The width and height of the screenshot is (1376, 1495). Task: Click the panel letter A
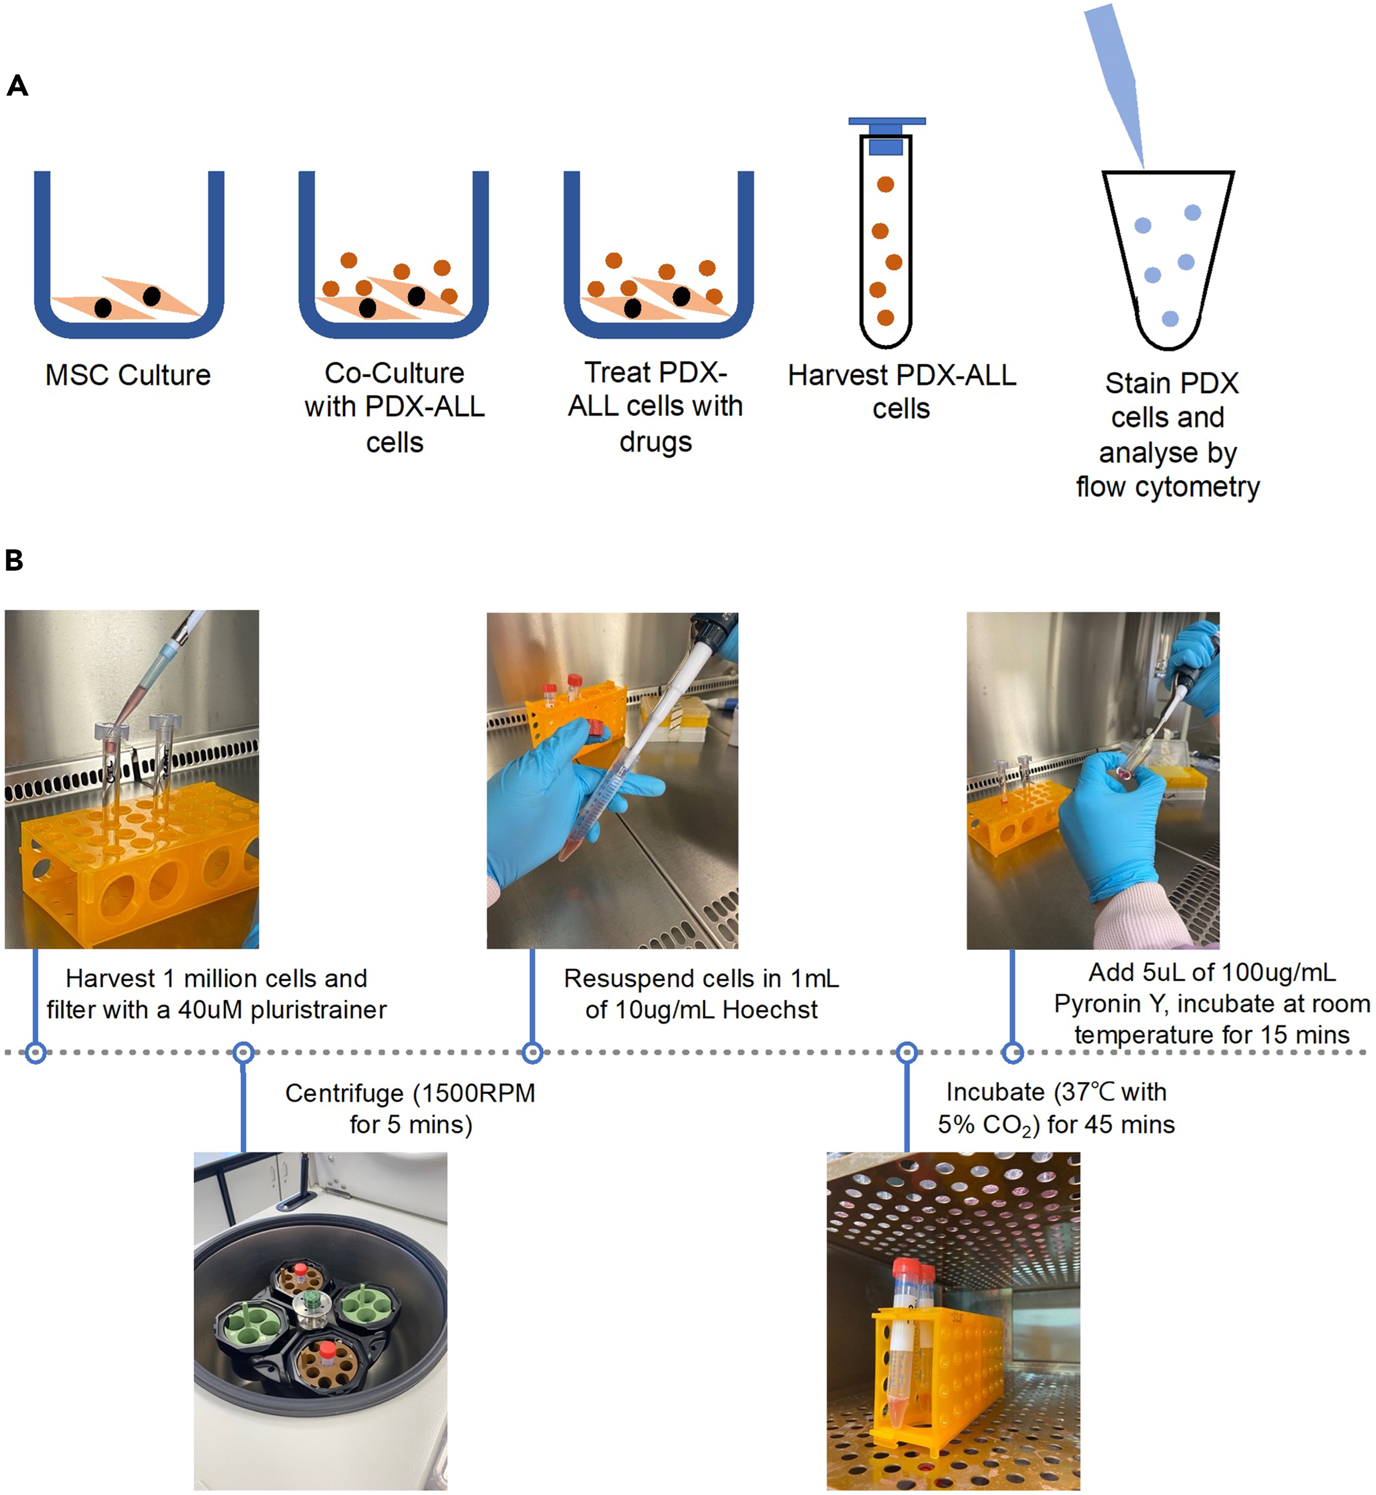click(17, 86)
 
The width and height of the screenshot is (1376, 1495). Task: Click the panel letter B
click(14, 561)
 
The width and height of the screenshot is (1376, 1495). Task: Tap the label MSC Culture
click(128, 374)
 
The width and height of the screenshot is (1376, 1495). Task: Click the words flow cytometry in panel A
click(1168, 487)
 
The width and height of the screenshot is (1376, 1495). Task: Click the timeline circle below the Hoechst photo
click(532, 1052)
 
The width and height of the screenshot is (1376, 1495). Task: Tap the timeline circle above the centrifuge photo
click(243, 1052)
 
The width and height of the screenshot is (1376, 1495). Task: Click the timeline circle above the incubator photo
click(906, 1052)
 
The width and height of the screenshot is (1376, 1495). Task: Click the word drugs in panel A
click(655, 442)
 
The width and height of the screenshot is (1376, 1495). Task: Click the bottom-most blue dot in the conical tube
click(1170, 319)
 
